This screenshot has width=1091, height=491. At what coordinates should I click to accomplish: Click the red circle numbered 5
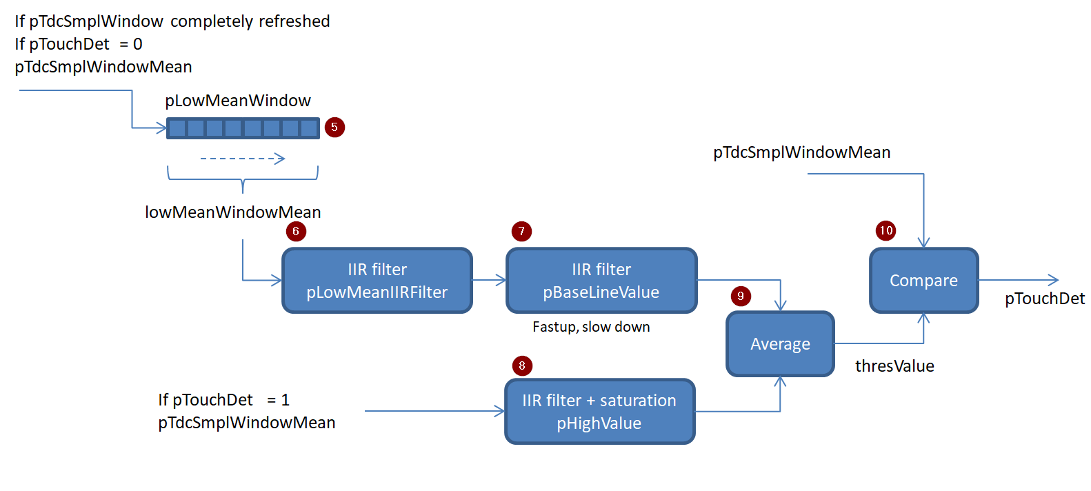[x=334, y=128]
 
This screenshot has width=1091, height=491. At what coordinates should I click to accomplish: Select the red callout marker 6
[x=296, y=231]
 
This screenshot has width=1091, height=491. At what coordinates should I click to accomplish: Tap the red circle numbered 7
[x=521, y=231]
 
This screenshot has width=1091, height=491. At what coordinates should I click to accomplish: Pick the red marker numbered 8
[x=522, y=365]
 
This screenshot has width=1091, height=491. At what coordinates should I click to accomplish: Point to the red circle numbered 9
[x=741, y=297]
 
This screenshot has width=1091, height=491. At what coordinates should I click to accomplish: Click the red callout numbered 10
[x=885, y=230]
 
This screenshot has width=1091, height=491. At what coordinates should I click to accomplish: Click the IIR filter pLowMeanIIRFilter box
[x=377, y=281]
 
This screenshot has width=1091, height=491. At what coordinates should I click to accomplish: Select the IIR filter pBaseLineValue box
[x=601, y=281]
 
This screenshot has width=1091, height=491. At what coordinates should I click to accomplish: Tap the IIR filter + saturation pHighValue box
[x=599, y=412]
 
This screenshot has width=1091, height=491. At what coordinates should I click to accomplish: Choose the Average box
[x=780, y=344]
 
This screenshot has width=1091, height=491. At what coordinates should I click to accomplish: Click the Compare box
[x=923, y=281]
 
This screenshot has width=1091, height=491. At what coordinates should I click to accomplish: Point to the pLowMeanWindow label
[x=238, y=101]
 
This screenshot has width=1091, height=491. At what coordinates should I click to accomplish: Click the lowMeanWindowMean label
[x=233, y=212]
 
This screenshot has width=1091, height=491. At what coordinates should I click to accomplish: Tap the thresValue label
[x=894, y=366]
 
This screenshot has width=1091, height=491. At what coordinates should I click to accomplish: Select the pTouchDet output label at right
[x=1044, y=299]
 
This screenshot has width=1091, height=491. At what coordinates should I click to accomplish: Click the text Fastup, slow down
[x=591, y=327]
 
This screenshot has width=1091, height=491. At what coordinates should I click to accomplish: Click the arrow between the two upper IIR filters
[x=490, y=280]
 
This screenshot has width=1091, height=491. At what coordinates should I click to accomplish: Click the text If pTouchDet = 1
[x=223, y=400]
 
